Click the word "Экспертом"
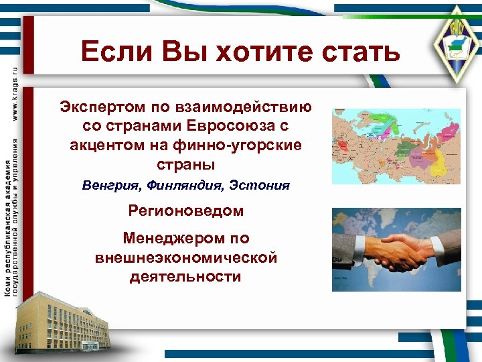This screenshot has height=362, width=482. pos(97,107)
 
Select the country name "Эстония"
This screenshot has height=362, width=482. pos(260,185)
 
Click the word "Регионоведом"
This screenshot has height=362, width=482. pos(185,211)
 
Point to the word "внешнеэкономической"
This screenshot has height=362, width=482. pos(185,257)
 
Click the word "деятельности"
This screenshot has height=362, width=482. pos(185,276)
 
